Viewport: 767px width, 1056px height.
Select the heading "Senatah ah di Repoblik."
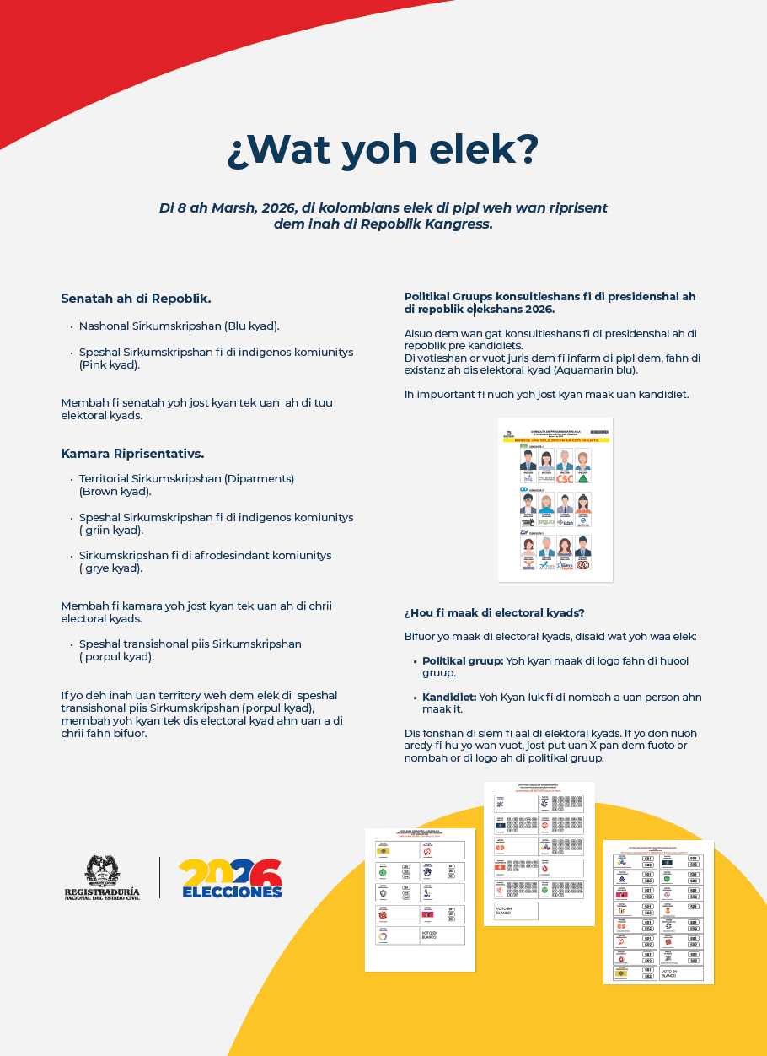[x=136, y=298]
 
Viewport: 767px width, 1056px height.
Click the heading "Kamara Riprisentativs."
[x=132, y=454]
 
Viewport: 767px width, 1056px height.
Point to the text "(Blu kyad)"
[x=252, y=326]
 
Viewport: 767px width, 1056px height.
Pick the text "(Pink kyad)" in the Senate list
[x=110, y=365]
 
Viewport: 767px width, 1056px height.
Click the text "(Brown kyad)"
[x=115, y=492]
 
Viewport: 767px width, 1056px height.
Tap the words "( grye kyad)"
[x=111, y=568]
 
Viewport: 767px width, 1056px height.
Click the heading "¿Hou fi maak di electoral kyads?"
[x=494, y=612]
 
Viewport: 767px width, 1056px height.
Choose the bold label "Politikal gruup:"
[x=463, y=660]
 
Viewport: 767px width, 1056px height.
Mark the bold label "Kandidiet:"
[x=448, y=698]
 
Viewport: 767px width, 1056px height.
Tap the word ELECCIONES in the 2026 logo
[x=232, y=892]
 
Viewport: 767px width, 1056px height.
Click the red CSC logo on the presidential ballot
[x=565, y=479]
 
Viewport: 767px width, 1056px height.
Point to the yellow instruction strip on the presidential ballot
[x=555, y=440]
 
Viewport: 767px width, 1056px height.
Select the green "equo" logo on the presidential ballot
[x=546, y=521]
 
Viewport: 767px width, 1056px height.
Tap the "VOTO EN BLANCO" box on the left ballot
[x=442, y=935]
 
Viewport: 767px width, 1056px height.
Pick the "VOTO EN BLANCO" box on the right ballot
[x=679, y=972]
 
